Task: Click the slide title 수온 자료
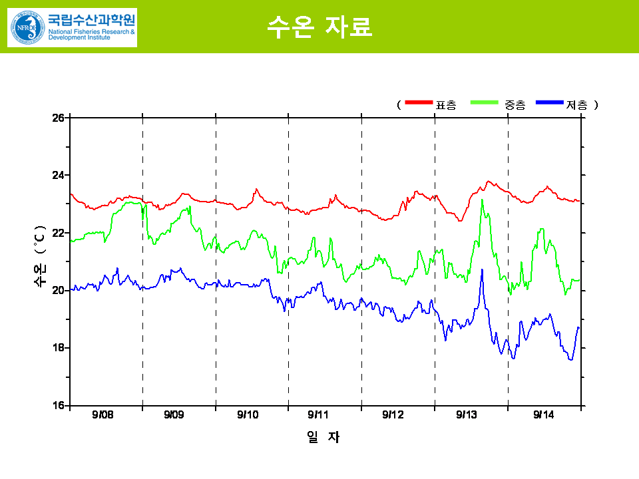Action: (319, 26)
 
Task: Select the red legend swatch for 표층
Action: (419, 102)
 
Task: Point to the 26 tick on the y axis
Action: (58, 118)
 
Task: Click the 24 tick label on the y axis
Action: (58, 176)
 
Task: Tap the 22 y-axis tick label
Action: (58, 233)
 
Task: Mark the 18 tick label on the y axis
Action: (58, 348)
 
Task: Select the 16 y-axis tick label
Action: (58, 405)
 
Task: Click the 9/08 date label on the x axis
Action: (103, 415)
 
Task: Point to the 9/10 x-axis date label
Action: (248, 415)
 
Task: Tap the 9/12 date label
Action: (393, 415)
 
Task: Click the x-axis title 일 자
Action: (323, 437)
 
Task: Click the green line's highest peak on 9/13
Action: (482, 200)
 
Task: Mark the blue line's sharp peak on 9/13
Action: (482, 269)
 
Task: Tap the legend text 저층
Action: (576, 105)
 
